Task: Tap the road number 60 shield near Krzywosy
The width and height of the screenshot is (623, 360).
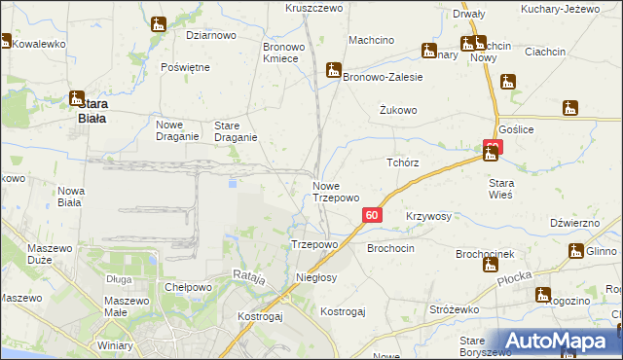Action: pos(371,215)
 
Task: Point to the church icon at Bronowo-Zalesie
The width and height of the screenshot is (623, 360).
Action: pos(334,70)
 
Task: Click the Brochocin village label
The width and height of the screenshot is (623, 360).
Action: pos(390,249)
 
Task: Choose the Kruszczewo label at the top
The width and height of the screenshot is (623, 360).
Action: pos(314,8)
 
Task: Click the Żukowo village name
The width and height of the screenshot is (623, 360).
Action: pos(398,111)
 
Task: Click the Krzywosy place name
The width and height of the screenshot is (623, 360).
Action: pos(428,217)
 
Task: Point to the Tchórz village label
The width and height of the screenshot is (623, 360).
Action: pos(402,163)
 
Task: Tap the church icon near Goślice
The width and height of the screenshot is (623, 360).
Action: pos(571,108)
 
